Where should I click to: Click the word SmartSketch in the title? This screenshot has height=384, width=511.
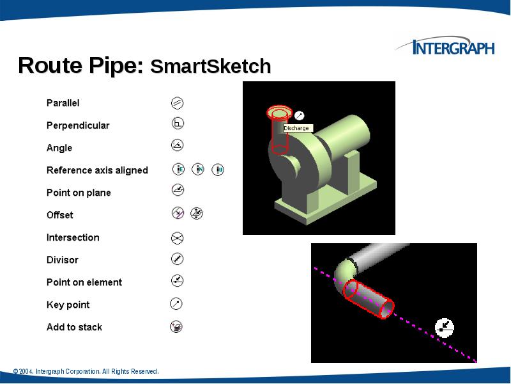pos(211,67)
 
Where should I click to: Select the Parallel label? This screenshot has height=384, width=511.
pos(63,103)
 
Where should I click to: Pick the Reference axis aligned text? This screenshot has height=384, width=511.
pos(97,170)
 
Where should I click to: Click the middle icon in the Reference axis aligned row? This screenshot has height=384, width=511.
pos(199,170)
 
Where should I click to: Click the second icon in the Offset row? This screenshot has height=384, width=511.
pos(197,213)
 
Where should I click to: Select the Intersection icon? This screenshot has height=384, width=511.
pos(178,237)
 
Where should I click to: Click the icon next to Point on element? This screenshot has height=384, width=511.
pos(178,280)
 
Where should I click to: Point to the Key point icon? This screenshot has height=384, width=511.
pos(177,303)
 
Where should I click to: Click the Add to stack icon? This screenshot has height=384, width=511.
pos(177,327)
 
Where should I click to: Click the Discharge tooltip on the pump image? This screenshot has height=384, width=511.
pos(296,128)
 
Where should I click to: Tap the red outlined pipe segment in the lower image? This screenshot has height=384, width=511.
pos(369,300)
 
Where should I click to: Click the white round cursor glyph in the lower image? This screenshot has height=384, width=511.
pos(444,327)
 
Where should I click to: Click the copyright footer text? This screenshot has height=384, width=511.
pos(86,372)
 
